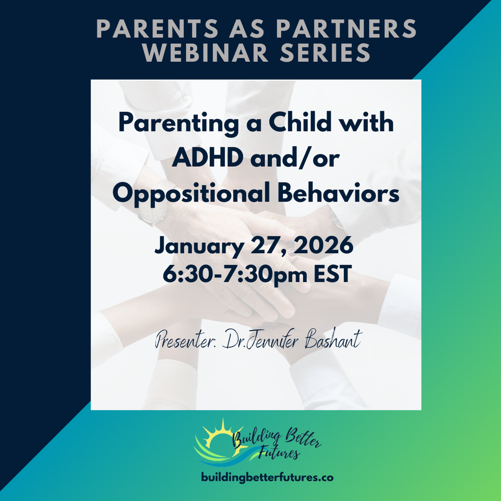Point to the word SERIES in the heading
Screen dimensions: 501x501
pos(325,52)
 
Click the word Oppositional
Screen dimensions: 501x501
pos(191,194)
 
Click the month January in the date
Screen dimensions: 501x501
pos(200,247)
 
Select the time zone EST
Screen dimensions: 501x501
pos(333,274)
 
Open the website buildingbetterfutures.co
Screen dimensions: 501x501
pos(268,478)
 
